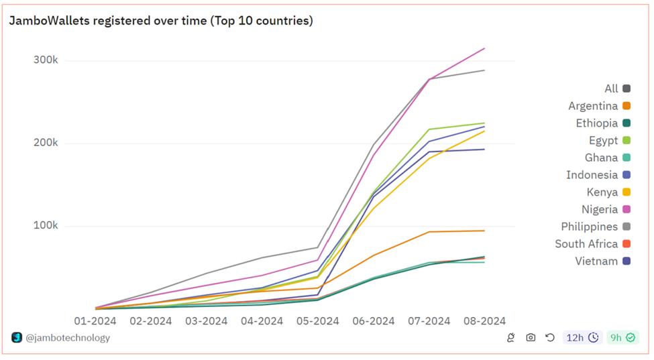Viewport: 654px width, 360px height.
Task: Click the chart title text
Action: [161, 21]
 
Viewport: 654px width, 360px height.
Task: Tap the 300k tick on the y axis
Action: [46, 60]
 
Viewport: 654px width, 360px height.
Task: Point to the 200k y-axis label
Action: [46, 143]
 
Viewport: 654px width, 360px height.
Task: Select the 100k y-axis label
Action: [46, 225]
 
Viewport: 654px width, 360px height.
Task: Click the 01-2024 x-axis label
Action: [95, 321]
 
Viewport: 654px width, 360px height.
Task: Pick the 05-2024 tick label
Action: [318, 321]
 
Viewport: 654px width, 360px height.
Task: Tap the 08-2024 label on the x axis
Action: [485, 321]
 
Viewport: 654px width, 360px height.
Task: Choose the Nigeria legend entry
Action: [606, 209]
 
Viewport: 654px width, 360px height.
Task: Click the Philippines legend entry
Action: [596, 227]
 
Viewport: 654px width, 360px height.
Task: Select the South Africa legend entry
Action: [593, 244]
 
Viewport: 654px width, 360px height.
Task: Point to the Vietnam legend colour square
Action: [626, 261]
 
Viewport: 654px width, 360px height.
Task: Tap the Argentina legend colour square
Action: [626, 106]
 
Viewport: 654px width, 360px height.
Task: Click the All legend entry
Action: [618, 88]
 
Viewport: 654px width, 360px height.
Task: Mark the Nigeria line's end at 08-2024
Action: [484, 49]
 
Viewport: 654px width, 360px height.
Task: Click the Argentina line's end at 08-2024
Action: [484, 231]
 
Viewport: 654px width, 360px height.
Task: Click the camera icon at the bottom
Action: [531, 337]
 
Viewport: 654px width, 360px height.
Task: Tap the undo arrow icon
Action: [550, 337]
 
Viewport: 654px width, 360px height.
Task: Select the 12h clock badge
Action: [582, 337]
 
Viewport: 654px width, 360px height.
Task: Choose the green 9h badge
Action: [622, 337]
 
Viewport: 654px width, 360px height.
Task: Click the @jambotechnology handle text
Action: [68, 338]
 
